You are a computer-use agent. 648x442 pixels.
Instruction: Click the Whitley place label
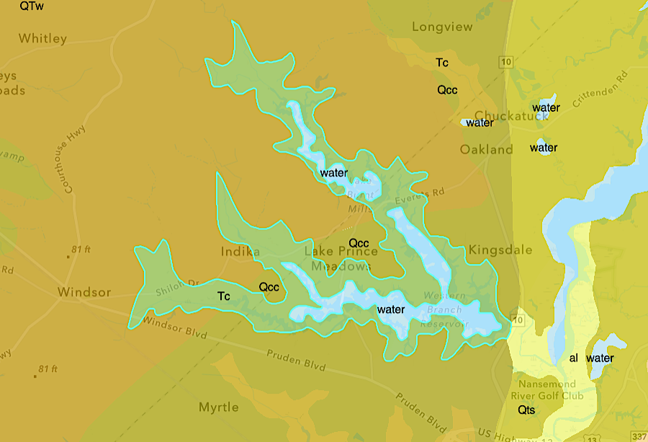42,39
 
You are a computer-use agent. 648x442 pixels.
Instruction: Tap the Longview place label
442,27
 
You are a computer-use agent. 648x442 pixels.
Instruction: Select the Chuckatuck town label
512,116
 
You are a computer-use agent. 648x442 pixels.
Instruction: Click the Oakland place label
487,150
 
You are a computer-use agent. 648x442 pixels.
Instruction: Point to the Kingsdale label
500,250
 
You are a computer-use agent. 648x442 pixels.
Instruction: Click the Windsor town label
84,293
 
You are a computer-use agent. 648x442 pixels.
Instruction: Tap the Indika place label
240,252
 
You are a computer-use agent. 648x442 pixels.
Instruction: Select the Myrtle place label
218,408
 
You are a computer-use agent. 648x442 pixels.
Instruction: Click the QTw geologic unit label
32,6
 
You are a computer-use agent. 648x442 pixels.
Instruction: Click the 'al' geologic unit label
574,358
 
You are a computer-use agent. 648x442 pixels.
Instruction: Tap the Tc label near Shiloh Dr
224,296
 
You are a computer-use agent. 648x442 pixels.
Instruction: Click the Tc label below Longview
442,63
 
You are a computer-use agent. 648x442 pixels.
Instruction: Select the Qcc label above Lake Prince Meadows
359,242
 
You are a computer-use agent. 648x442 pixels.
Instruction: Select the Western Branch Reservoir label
446,310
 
